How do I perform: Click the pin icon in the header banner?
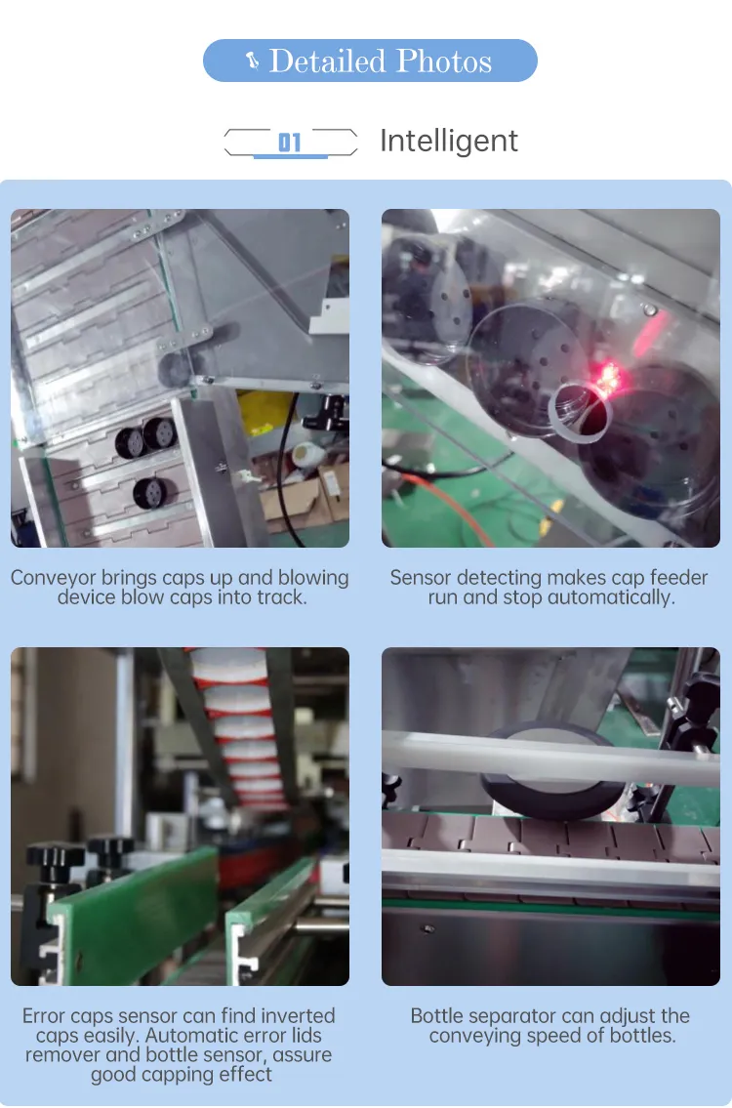pos(252,62)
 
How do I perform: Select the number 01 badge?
pos(290,144)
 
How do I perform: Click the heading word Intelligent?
pos(449,142)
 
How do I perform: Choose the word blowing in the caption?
pos(305,578)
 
